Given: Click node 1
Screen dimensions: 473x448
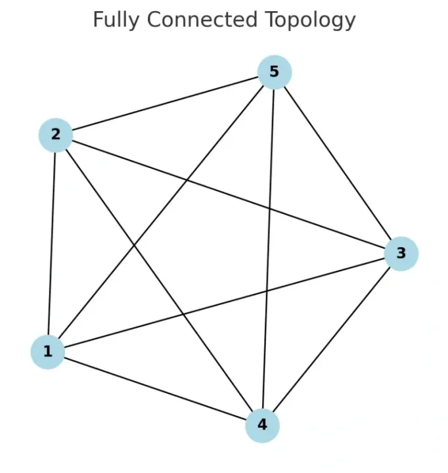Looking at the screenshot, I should pyautogui.click(x=47, y=351).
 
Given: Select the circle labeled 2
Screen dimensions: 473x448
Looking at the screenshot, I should pyautogui.click(x=56, y=135).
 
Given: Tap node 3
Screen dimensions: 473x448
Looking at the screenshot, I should pyautogui.click(x=401, y=253).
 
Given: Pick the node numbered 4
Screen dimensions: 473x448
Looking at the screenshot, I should pyautogui.click(x=263, y=424).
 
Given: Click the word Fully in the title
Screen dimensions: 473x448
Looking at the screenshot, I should pyautogui.click(x=116, y=20).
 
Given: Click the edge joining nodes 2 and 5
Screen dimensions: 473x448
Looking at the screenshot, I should pyautogui.click(x=164, y=104).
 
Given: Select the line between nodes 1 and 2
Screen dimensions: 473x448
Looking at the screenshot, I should pyautogui.click(x=52, y=243).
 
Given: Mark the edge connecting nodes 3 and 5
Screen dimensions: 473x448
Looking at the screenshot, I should pyautogui.click(x=337, y=162).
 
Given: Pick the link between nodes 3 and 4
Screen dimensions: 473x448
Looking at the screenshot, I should pyautogui.click(x=332, y=338).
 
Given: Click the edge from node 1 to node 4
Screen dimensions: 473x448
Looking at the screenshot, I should pyautogui.click(x=155, y=388).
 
